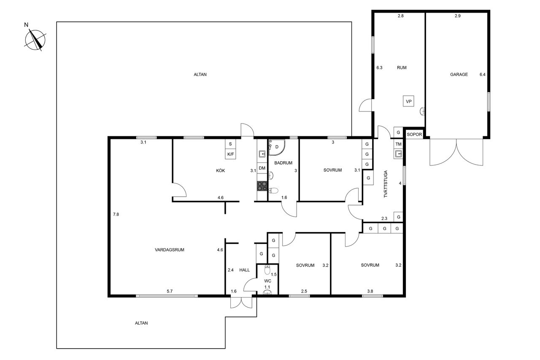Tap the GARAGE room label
459,75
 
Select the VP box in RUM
409,101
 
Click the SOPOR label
414,135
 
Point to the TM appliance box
399,144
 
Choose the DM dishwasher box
262,168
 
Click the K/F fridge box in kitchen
230,154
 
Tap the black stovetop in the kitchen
262,186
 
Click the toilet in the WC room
267,270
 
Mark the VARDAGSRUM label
170,250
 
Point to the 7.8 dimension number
116,214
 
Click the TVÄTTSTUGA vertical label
386,184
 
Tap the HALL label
244,270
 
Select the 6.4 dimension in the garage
482,75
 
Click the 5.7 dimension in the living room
170,291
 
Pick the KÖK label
220,171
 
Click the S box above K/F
230,144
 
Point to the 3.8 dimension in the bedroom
370,291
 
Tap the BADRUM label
283,163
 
